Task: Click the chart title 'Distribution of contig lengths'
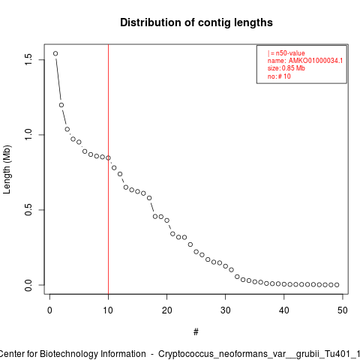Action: (196, 22)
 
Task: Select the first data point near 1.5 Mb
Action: (55, 53)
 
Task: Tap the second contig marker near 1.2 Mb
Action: (61, 105)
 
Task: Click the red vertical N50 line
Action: (108, 169)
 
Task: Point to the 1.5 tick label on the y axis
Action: (28, 60)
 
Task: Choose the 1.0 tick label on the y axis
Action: (28, 135)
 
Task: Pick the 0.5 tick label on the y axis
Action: (28, 210)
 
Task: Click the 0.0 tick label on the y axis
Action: (28, 285)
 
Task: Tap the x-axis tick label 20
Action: (166, 310)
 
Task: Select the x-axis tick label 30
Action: (226, 310)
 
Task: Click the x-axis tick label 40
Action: (284, 310)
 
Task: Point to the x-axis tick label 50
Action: (343, 310)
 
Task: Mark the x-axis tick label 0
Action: (49, 310)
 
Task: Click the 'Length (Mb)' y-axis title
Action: (7, 169)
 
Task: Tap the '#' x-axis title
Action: (196, 332)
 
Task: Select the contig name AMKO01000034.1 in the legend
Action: (316, 61)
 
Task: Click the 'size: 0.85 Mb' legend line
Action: (286, 68)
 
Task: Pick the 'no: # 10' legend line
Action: (279, 76)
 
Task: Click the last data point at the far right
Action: (337, 285)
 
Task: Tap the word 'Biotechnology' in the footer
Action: (67, 354)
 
